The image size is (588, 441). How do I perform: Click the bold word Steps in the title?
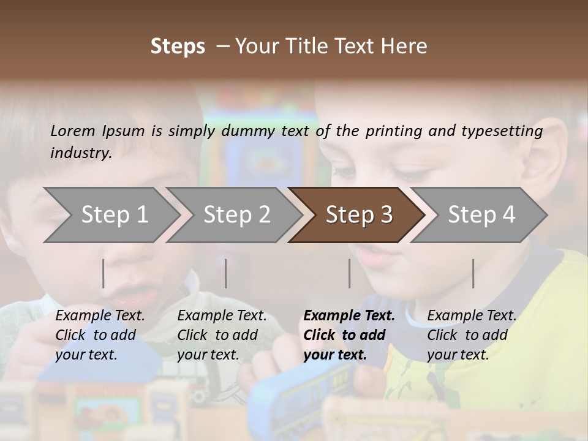tap(178, 47)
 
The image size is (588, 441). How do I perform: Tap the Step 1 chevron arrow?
tap(113, 215)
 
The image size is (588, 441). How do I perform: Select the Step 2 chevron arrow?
tap(236, 215)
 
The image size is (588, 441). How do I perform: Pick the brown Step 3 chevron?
tap(358, 215)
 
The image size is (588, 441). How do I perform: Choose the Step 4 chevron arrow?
tap(481, 215)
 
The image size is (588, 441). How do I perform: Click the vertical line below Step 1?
tap(104, 273)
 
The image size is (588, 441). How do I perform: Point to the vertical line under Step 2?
tap(226, 273)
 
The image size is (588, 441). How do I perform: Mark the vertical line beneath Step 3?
tap(350, 273)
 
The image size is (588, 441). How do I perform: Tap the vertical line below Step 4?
tap(473, 273)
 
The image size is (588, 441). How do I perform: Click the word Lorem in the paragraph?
tap(73, 130)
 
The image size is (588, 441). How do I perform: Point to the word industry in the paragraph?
tap(81, 153)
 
